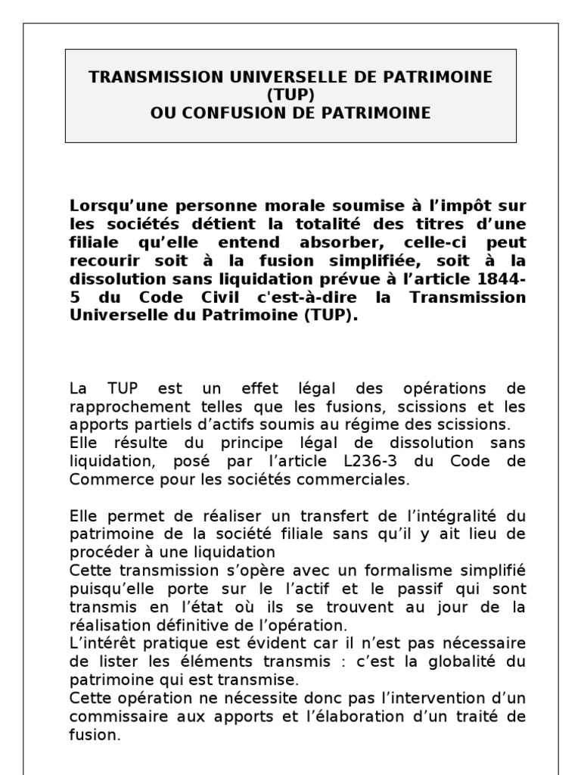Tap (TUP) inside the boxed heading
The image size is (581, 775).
[x=290, y=95]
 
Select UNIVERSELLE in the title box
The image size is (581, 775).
[x=238, y=77]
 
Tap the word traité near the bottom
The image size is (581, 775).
[x=475, y=715]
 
